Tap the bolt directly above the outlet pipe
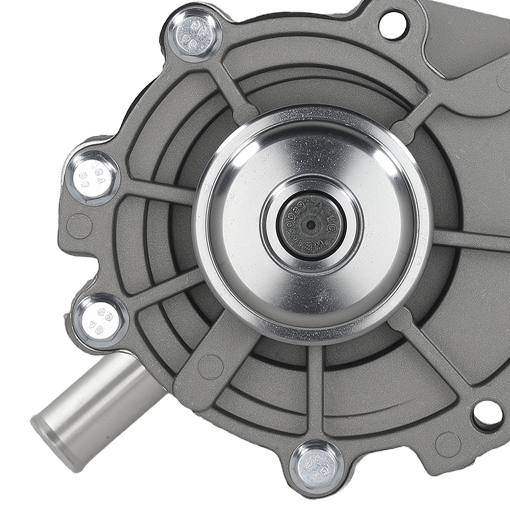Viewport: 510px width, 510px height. pos(100,318)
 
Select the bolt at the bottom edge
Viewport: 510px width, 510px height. pos(316,465)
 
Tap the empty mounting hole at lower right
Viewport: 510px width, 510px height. pos(487,414)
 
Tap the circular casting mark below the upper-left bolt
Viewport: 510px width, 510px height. pos(79,224)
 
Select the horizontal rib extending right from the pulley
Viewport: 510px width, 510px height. pos(469,240)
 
